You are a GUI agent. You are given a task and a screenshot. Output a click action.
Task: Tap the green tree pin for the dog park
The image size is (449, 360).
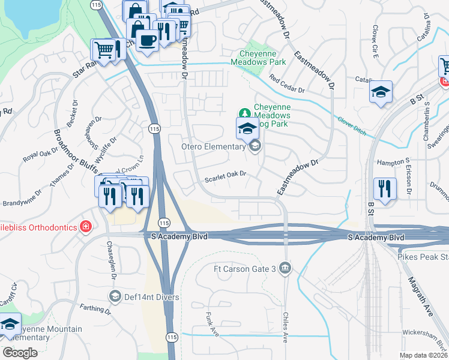point(244,113)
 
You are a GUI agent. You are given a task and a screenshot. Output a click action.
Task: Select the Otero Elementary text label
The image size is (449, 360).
point(214,146)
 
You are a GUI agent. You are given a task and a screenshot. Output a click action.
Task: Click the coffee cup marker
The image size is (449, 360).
point(146,40)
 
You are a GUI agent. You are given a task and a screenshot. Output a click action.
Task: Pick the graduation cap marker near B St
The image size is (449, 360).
point(381,92)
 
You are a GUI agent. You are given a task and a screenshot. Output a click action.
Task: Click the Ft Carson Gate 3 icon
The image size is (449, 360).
point(286,268)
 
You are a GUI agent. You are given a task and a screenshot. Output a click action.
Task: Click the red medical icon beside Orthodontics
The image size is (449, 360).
point(86,227)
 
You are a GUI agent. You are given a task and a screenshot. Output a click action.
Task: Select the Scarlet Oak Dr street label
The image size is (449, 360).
point(226,174)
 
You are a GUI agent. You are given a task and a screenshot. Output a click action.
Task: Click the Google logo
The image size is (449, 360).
point(20,353)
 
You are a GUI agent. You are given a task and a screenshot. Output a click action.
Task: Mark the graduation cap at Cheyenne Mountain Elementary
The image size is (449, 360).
point(9,324)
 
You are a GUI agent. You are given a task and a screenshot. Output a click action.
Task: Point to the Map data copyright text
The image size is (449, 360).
point(422,355)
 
